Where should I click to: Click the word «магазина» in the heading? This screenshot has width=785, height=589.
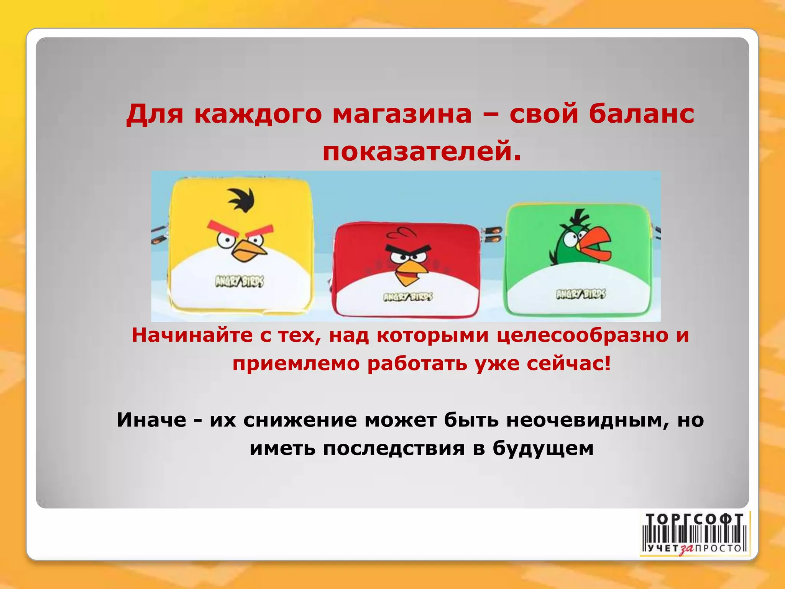(402, 114)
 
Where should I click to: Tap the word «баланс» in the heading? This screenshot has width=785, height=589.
(641, 114)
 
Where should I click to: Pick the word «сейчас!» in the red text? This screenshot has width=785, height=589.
(568, 363)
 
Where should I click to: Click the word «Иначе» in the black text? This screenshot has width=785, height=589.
(151, 420)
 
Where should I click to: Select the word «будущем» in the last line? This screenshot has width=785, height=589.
(543, 449)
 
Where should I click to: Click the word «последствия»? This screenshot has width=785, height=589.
(394, 448)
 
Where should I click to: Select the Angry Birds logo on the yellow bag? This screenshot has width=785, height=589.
(240, 282)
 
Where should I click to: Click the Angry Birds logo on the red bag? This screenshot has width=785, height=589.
(408, 297)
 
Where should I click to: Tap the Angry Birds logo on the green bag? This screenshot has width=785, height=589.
(581, 294)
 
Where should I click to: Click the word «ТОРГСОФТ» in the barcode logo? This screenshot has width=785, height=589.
(694, 520)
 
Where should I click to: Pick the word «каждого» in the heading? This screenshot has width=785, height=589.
(258, 114)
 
